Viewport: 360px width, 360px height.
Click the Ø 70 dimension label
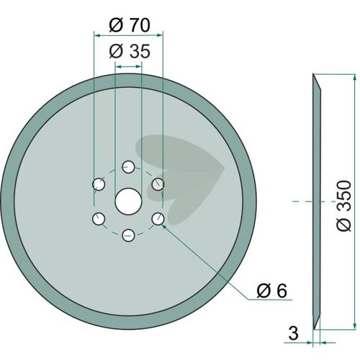tap(130, 24)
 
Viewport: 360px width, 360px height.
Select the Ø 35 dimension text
tap(130, 51)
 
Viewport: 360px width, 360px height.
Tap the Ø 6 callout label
tap(271, 291)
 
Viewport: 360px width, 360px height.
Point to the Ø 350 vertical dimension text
tap(343, 206)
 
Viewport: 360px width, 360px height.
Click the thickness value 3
tap(293, 333)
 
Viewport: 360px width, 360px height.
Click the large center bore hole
tap(128, 201)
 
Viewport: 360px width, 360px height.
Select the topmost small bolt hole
tap(128, 167)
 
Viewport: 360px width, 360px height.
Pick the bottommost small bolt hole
tap(128, 235)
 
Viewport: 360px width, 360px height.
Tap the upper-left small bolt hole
tap(99, 184)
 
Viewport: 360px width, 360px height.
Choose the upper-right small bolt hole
tap(158, 184)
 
